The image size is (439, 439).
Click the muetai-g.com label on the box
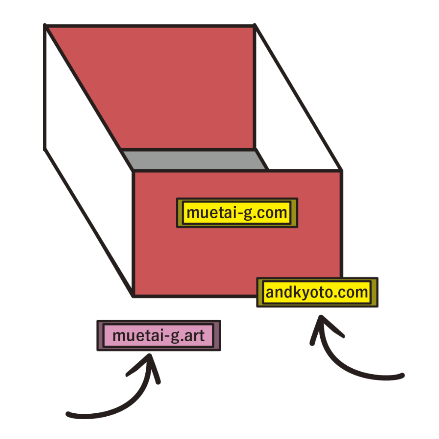tap(237, 213)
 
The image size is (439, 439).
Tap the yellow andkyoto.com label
tap(317, 292)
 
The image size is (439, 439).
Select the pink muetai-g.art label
tap(159, 335)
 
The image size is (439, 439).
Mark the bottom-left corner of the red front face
tap(134, 296)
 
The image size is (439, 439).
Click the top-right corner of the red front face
tap(341, 171)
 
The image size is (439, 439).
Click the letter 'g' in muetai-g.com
tap(247, 213)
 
